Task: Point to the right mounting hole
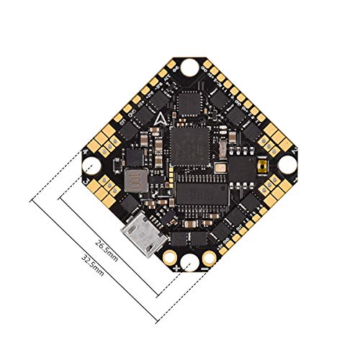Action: click(287, 164)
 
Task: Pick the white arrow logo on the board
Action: click(158, 119)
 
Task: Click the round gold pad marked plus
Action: click(171, 256)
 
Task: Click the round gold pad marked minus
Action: click(210, 256)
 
